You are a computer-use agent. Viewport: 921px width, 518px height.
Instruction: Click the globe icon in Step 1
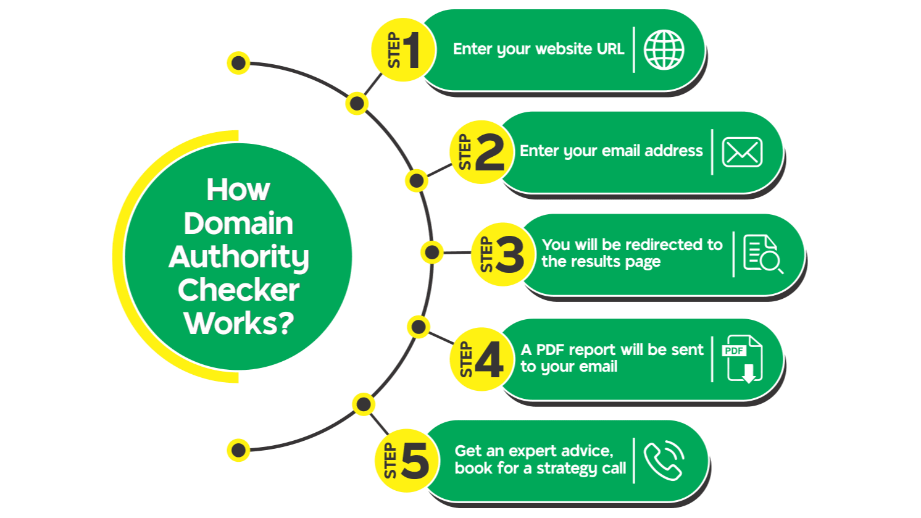[664, 49]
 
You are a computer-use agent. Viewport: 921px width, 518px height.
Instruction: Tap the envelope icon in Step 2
[742, 152]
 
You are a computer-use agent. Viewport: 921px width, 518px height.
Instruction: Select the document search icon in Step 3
[762, 254]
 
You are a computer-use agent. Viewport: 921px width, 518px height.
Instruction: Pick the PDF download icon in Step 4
[743, 359]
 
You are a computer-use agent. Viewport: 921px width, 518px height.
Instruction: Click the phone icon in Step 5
[664, 461]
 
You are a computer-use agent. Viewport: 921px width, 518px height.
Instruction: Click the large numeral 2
[490, 152]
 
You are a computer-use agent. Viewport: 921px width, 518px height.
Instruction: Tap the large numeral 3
[509, 255]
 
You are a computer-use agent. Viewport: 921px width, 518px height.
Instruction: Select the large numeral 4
[489, 360]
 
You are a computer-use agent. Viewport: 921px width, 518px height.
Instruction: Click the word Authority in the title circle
[238, 257]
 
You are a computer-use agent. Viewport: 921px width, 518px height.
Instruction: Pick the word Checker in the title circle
[238, 290]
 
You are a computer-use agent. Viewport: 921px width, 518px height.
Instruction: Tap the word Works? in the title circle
[238, 323]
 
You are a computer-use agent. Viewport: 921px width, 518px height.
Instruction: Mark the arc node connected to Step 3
[431, 252]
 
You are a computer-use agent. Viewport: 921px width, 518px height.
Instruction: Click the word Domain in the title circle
[238, 223]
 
